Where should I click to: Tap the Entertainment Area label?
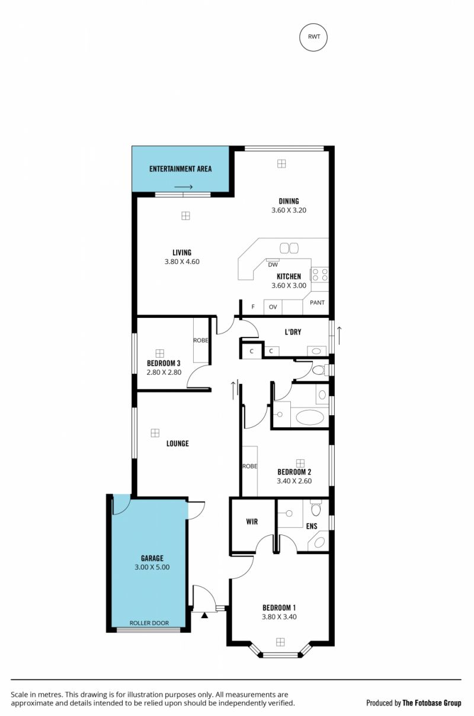pos(180,169)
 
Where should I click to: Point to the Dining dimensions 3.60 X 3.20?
pos(289,210)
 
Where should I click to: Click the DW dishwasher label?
pos(273,265)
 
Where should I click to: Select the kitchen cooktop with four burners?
pos(319,274)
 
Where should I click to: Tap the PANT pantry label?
pos(317,303)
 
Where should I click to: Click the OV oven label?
pos(273,307)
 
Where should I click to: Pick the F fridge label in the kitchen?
pos(253,307)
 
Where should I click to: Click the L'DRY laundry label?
pos(293,332)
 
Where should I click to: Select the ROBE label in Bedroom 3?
pos(200,341)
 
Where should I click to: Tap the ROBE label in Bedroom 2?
pos(249,466)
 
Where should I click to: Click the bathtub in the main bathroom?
pos(310,417)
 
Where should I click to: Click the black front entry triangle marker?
pos(204,615)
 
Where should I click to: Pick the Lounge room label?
pos(178,443)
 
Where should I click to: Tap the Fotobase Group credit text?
pos(431,703)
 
